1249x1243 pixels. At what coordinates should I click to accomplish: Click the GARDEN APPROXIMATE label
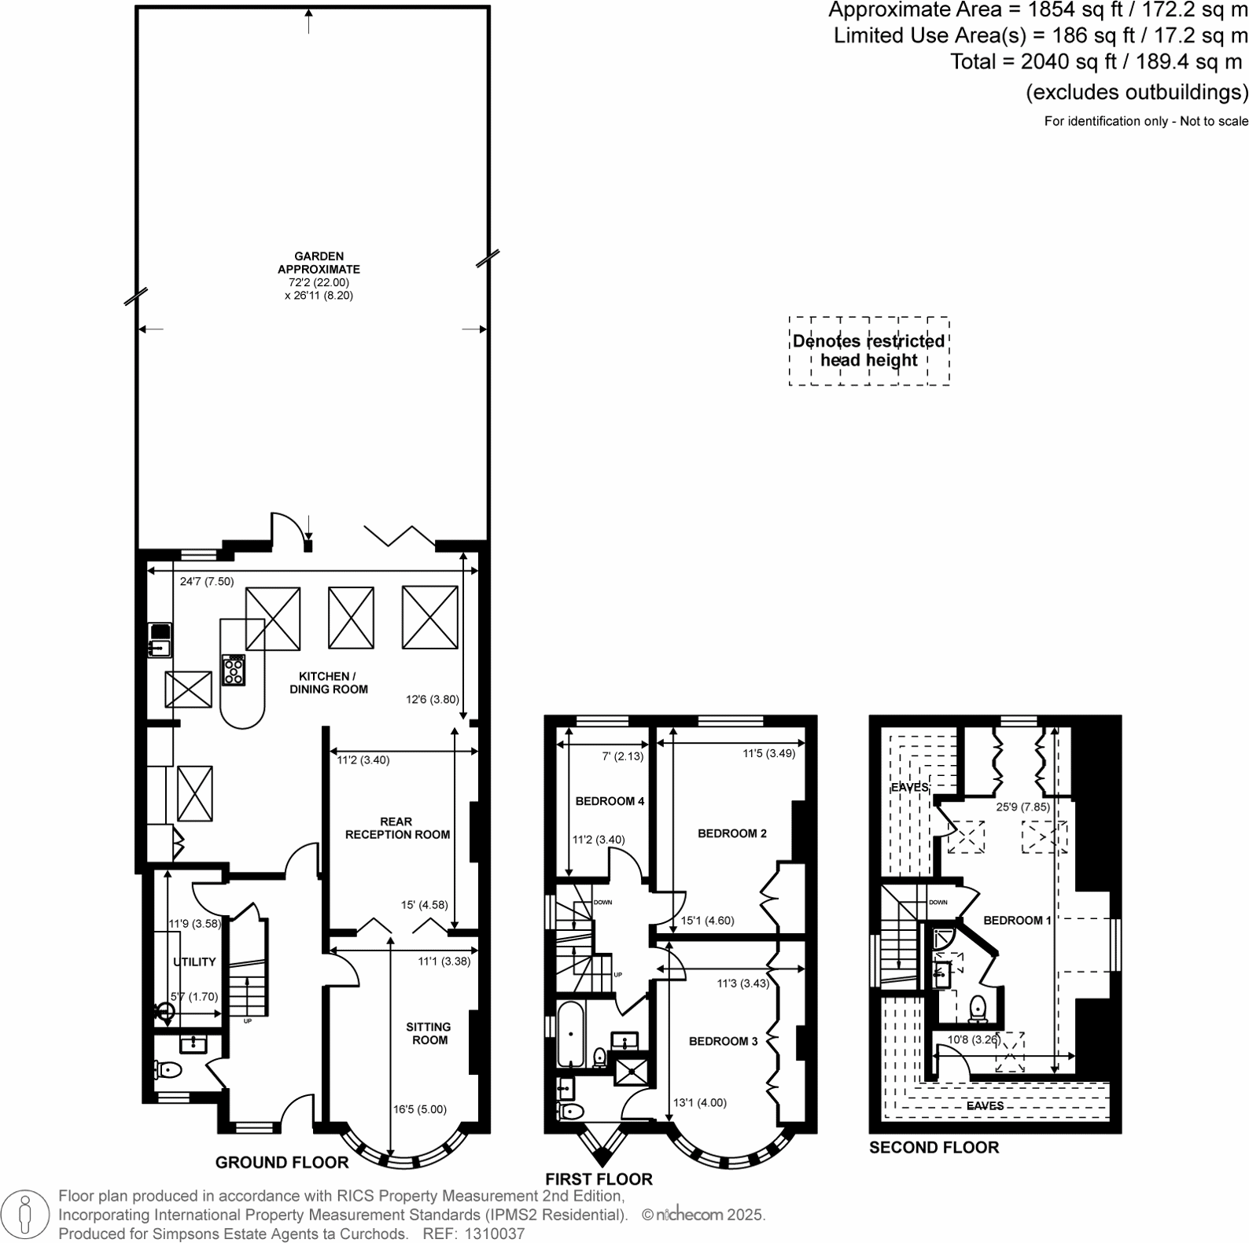319,263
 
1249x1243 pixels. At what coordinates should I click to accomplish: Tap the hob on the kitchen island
234,670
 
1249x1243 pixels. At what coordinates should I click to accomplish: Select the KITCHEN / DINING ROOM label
328,682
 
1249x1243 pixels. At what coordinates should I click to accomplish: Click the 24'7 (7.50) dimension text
207,582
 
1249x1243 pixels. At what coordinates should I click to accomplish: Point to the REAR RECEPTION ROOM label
397,828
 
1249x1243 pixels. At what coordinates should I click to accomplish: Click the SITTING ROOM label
429,1033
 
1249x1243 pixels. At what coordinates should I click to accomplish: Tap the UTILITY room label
194,962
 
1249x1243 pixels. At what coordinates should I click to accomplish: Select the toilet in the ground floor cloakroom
168,1070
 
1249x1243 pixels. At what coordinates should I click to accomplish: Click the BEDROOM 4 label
610,801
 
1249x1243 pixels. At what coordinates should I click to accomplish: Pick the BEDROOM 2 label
731,833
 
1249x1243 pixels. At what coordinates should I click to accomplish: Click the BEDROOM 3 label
723,1041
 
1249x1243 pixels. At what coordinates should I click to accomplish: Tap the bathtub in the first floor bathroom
569,1034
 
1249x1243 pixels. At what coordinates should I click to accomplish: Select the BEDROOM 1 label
1017,920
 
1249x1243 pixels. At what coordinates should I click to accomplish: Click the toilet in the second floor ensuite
978,1008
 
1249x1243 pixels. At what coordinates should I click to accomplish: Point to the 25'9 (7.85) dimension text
1022,807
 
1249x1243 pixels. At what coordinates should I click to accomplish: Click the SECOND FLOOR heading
934,1147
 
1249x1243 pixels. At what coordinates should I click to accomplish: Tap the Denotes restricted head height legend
868,351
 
